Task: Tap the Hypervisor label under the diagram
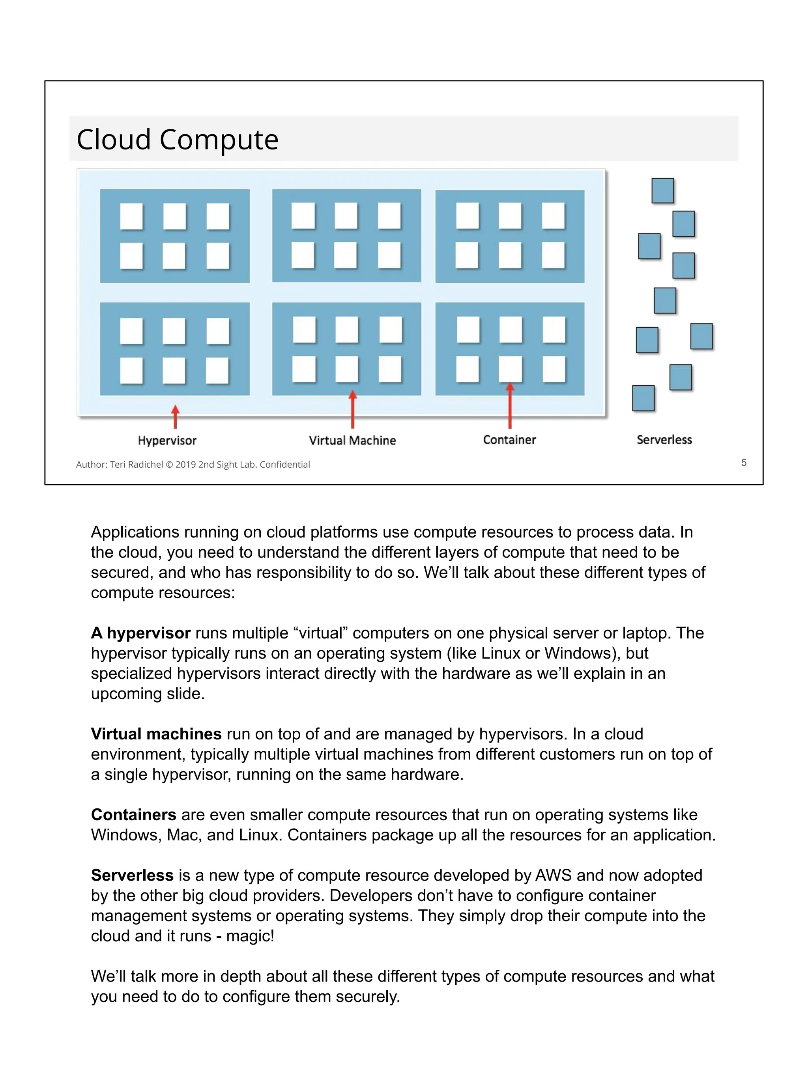[167, 441]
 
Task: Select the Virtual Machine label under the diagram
[352, 441]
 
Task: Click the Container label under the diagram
[509, 440]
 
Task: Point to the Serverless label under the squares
[664, 440]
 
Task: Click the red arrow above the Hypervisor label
[175, 417]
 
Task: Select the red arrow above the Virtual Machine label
[353, 410]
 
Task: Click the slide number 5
[744, 463]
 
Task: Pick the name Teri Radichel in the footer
[137, 465]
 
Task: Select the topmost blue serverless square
[662, 190]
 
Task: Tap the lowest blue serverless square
[643, 398]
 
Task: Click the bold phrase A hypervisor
[140, 633]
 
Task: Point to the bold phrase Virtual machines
[156, 734]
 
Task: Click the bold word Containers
[133, 815]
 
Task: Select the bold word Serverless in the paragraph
[132, 875]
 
